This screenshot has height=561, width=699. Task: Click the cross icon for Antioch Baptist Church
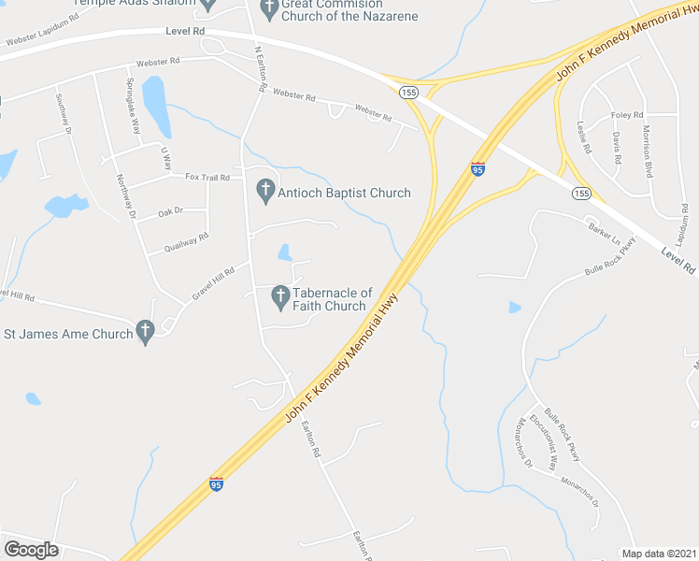[x=265, y=192]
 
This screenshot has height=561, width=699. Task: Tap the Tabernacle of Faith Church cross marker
[x=279, y=298]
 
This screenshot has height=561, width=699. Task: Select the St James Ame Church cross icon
[x=145, y=332]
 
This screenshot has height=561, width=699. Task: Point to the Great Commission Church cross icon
[x=269, y=10]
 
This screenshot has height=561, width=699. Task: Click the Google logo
[x=31, y=550]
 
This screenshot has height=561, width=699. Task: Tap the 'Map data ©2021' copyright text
[x=660, y=554]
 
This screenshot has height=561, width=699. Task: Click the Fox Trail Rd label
[x=207, y=177]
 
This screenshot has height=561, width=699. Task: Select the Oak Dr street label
[x=170, y=212]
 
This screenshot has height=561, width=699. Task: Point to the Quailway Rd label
[x=186, y=243]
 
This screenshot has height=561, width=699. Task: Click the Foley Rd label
[x=628, y=115]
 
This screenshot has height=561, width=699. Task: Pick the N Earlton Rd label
[x=261, y=67]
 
